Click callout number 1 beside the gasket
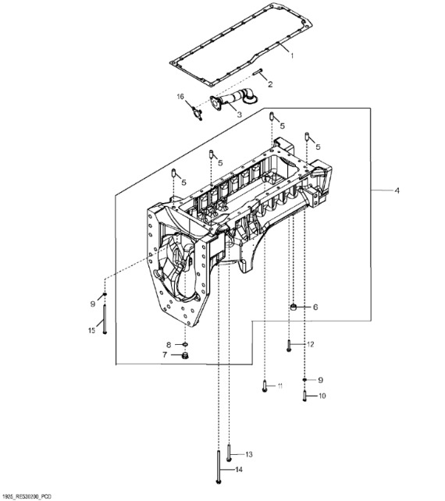292,55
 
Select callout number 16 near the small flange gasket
180,97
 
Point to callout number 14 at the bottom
240,470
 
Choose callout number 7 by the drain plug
165,355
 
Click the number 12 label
310,344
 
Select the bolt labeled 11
265,386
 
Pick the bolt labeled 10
304,396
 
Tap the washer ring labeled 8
185,344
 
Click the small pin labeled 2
258,75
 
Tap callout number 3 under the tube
239,114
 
